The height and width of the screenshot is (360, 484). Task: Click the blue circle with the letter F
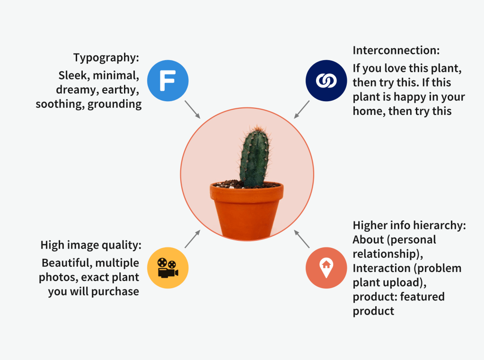[167, 80]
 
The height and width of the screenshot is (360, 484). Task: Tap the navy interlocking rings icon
[326, 80]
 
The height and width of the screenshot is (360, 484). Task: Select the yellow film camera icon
[167, 268]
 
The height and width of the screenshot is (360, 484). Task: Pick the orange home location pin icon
[326, 268]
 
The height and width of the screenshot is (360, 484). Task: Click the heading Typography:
[106, 58]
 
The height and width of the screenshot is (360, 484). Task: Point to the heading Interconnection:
[396, 50]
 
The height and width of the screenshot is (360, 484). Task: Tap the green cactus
[254, 156]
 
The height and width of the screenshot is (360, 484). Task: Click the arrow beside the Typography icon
[192, 109]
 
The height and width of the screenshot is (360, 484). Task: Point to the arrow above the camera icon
[192, 239]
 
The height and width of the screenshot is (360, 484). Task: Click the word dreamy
[77, 90]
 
